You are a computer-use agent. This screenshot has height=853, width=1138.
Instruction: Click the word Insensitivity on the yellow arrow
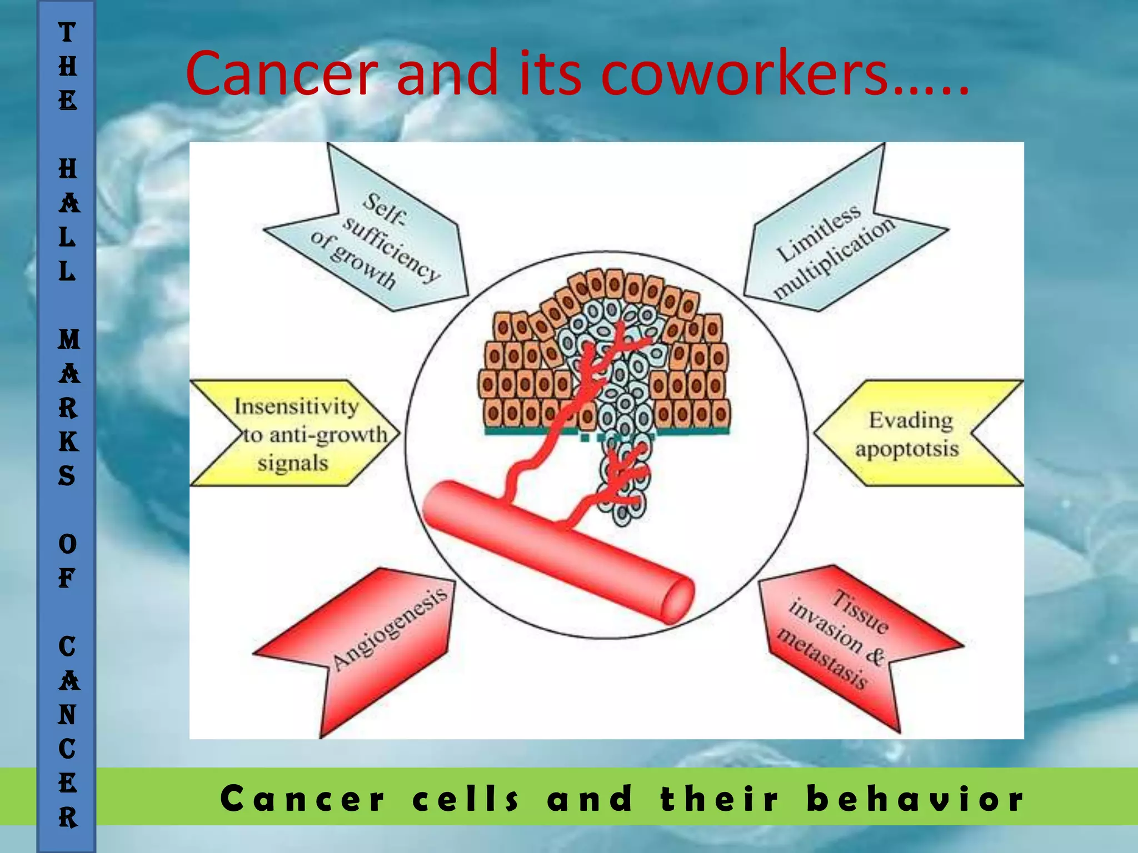pos(296,407)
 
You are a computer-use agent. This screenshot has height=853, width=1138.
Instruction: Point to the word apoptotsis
pos(907,449)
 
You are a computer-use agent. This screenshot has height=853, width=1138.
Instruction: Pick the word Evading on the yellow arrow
pos(911,420)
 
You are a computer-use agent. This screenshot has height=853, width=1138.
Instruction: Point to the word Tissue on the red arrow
pos(860,613)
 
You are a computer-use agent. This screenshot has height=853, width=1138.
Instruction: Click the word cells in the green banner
pos(466,799)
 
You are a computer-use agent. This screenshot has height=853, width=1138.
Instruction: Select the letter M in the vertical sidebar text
pos(68,339)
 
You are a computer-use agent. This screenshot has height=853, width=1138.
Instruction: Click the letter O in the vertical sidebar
pos(68,544)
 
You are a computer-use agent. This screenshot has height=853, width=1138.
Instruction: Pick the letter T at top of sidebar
pos(67,32)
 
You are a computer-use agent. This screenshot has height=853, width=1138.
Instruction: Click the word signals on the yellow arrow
pos(293,463)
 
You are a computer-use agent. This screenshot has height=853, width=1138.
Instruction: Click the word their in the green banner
pos(720,799)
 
